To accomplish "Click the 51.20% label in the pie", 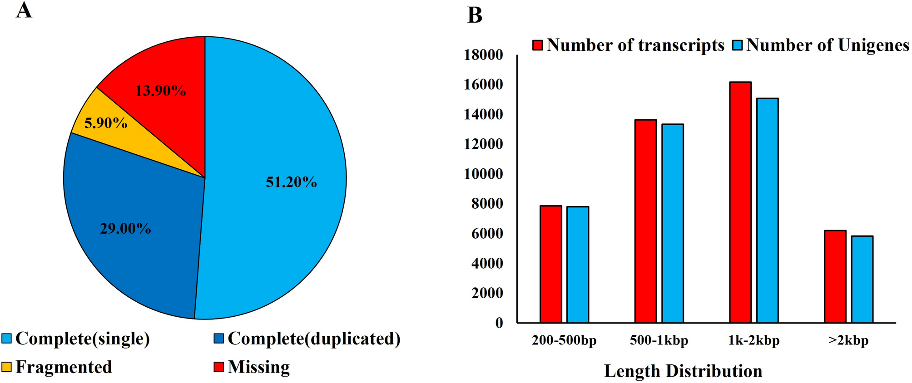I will pyautogui.click(x=291, y=182).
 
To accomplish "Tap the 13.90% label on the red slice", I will pyautogui.click(x=161, y=91).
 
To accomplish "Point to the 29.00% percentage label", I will pyautogui.click(x=126, y=228).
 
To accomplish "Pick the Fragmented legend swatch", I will pyautogui.click(x=7, y=367).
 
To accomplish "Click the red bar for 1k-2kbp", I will pyautogui.click(x=740, y=202).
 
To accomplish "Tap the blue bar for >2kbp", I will pyautogui.click(x=862, y=279).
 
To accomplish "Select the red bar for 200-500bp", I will pyautogui.click(x=551, y=264).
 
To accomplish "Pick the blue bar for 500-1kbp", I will pyautogui.click(x=673, y=223).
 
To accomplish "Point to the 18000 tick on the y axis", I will pyautogui.click(x=483, y=55).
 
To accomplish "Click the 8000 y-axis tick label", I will pyautogui.click(x=487, y=204).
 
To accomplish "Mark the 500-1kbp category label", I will pyautogui.click(x=659, y=340).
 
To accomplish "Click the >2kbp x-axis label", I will pyautogui.click(x=848, y=340).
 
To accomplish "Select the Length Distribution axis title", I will pyautogui.click(x=683, y=371).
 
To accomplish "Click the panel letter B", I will pyautogui.click(x=475, y=15).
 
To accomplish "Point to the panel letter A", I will pyautogui.click(x=24, y=10).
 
